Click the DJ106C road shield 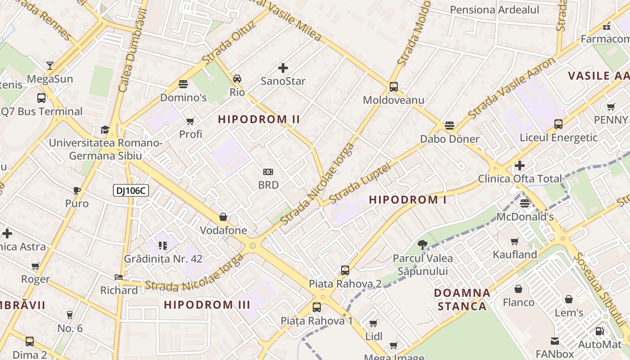pos(130,191)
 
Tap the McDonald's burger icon pos(524,203)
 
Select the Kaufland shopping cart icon pos(515,241)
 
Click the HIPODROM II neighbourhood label pos(259,119)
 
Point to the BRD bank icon pos(268,171)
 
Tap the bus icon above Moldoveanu pos(394,86)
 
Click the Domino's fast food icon pos(183,84)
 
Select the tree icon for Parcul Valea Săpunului pos(422,245)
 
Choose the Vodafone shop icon pos(223,217)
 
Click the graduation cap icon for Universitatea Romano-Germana pos(105,130)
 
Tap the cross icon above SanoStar pos(283,68)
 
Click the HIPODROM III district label pos(207,305)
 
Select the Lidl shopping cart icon pos(373,323)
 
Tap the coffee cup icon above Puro pos(77,190)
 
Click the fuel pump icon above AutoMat pos(599,331)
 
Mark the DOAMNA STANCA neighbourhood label pos(462,300)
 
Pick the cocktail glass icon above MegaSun pos(50,66)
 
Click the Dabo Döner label pos(450,139)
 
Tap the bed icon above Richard pos(119,277)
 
